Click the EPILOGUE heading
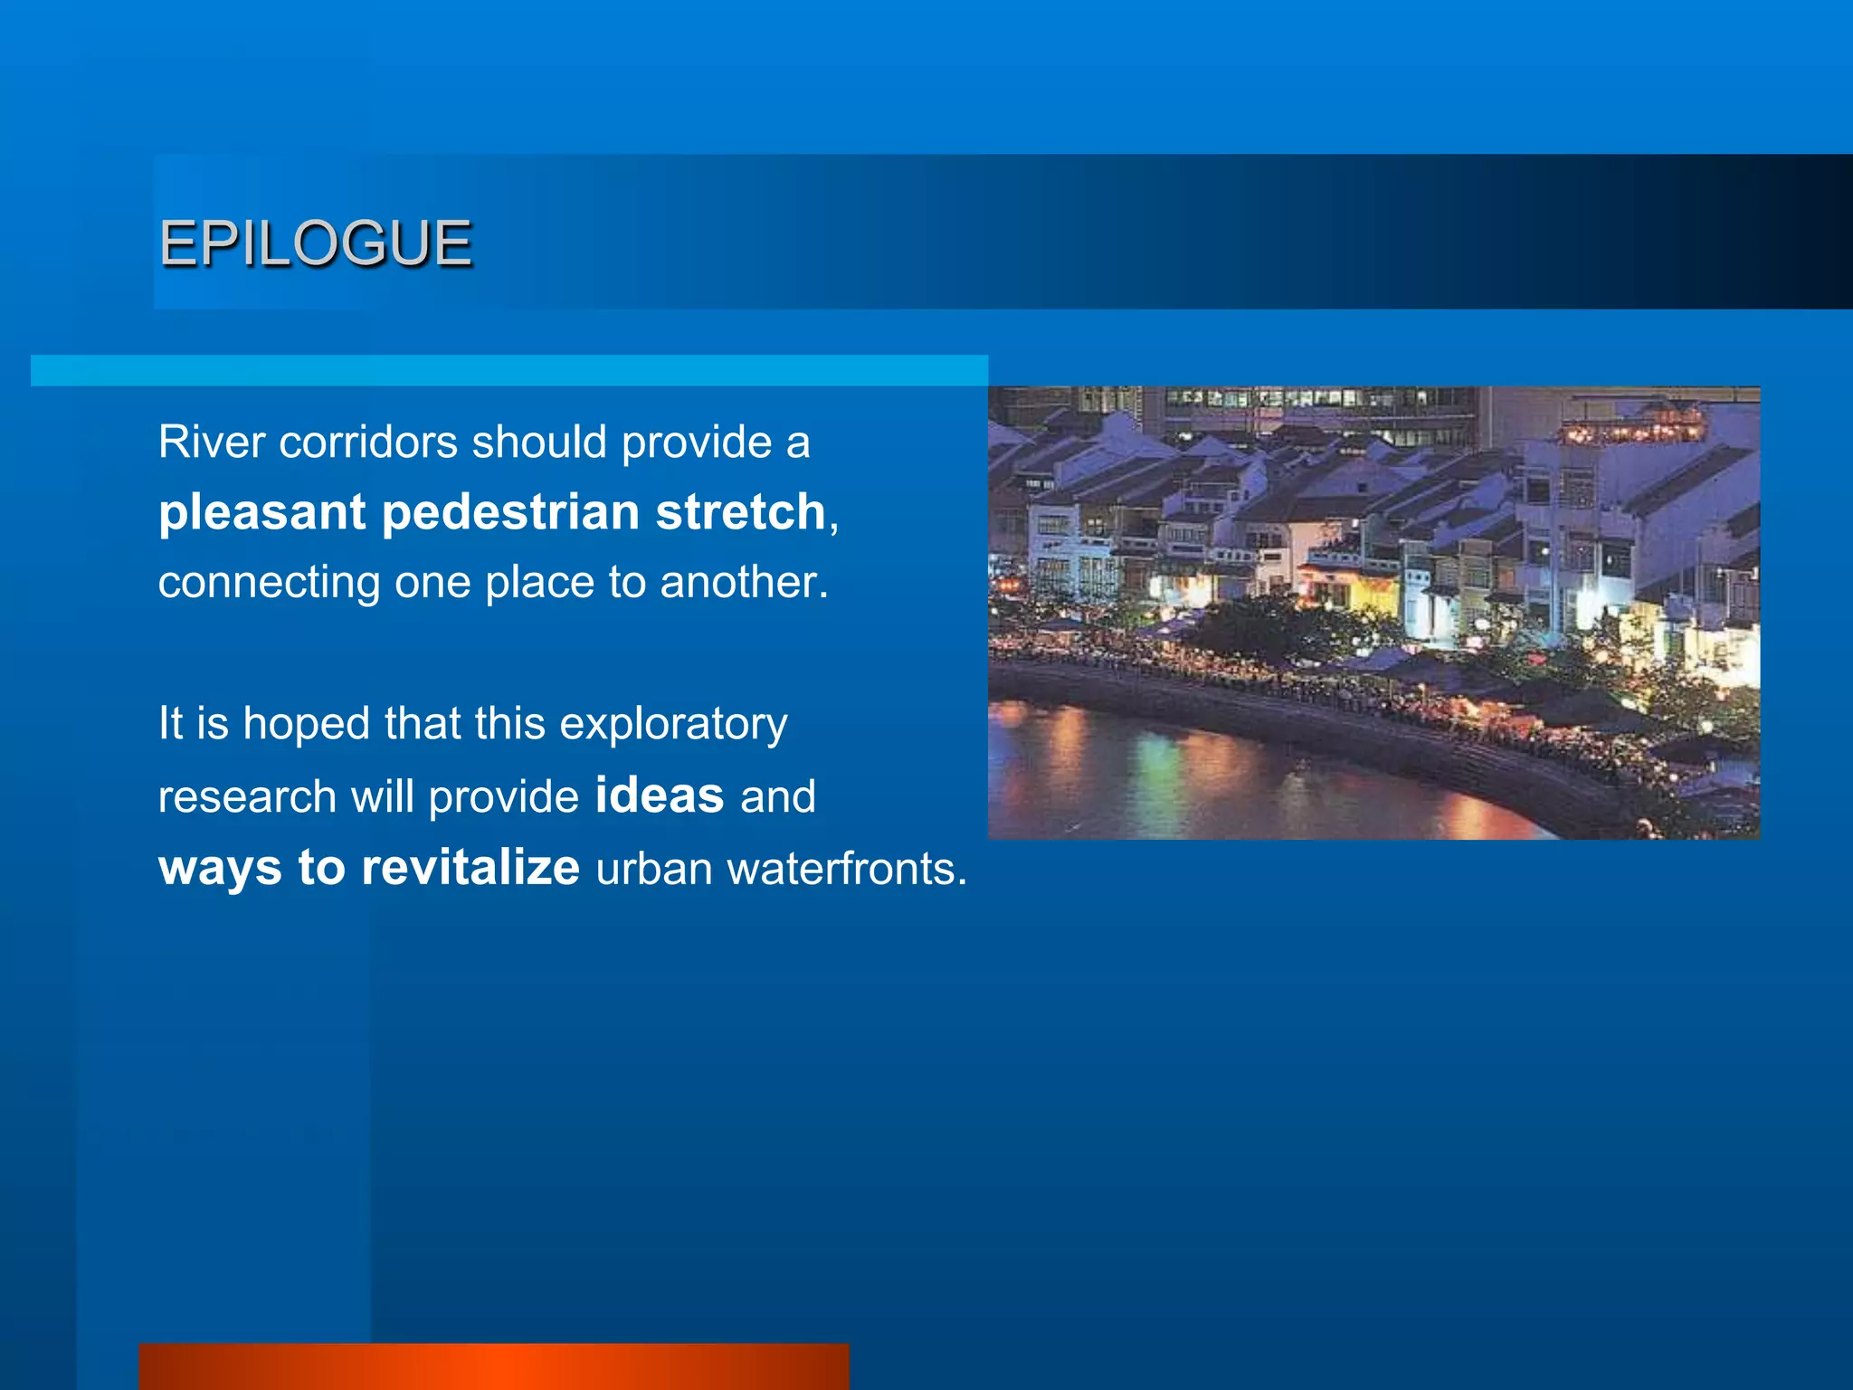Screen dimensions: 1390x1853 click(x=315, y=243)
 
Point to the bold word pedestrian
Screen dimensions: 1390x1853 click(x=511, y=512)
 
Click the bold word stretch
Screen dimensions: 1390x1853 click(x=740, y=512)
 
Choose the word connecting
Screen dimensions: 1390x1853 click(x=269, y=583)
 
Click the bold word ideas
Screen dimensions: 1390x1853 click(x=660, y=795)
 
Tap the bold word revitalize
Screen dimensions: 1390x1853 click(x=470, y=867)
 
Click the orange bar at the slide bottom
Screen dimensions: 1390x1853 click(x=494, y=1366)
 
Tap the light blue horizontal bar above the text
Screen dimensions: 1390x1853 click(x=508, y=370)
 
